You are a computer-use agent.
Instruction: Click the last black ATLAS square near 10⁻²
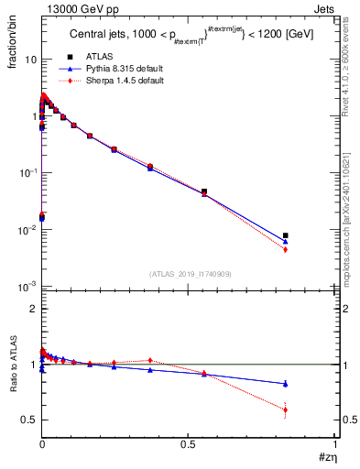(x=286, y=235)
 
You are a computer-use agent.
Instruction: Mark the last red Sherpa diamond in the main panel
(x=286, y=249)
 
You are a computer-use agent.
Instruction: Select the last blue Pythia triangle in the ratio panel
(x=286, y=384)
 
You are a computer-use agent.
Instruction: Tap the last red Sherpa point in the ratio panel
(x=286, y=409)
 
